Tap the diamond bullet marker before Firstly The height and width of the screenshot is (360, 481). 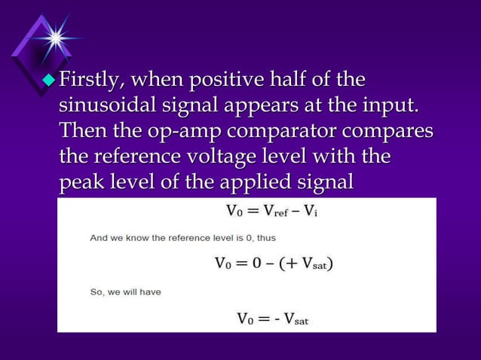click(50, 78)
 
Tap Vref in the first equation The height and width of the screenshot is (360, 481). click(282, 212)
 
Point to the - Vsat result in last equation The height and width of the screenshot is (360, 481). click(291, 319)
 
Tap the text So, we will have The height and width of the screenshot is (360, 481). click(125, 291)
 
